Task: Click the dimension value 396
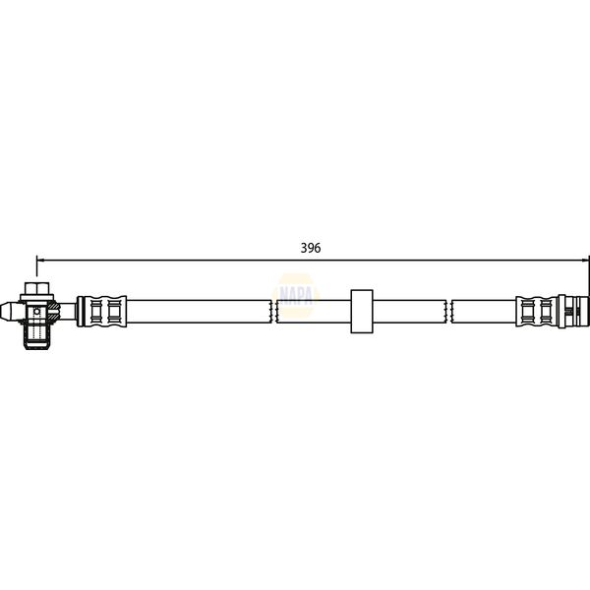click(311, 249)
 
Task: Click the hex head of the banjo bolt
click(36, 289)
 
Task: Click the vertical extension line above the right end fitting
click(588, 275)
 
